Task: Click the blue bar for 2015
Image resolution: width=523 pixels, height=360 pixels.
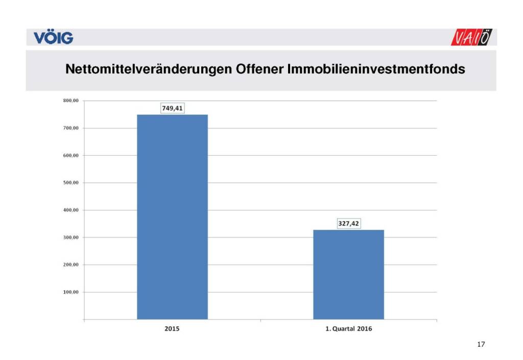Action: [172, 217]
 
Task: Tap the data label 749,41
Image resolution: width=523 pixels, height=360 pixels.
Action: [172, 108]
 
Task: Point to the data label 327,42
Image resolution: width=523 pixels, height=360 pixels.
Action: [348, 223]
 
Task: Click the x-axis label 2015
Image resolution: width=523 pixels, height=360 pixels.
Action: [172, 329]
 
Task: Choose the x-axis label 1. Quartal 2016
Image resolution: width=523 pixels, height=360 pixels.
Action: [348, 329]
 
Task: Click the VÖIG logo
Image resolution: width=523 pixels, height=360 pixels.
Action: [53, 38]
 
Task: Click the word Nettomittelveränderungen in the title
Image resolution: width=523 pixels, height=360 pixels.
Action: [148, 69]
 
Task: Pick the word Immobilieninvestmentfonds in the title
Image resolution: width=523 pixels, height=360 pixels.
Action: [376, 69]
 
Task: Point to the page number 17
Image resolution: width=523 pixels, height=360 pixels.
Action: [481, 345]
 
